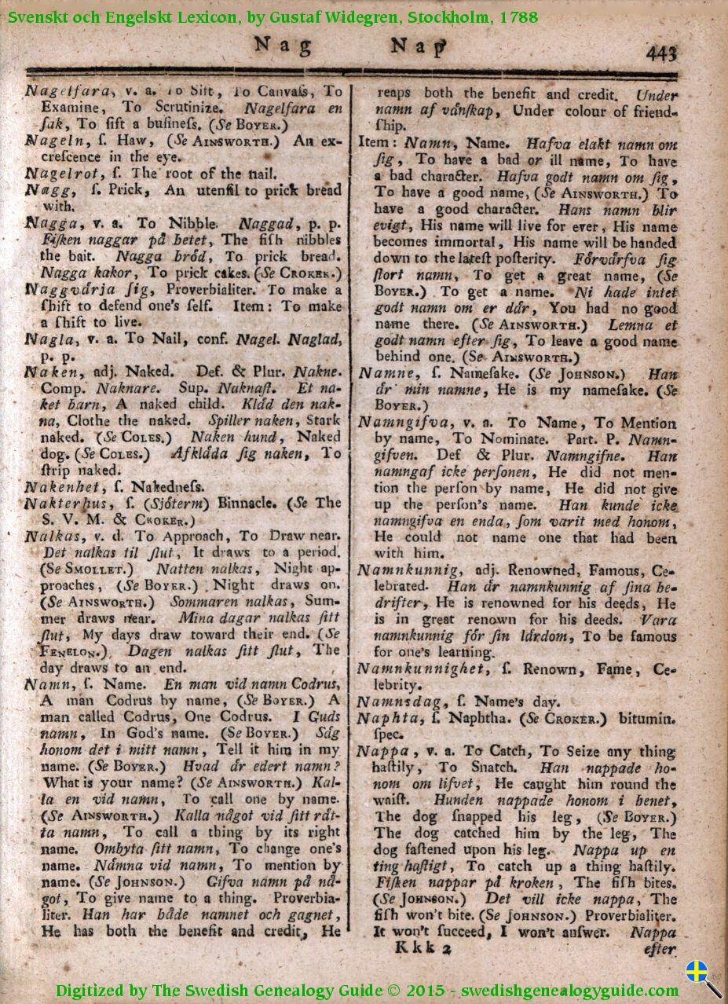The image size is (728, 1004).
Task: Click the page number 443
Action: (x=661, y=53)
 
